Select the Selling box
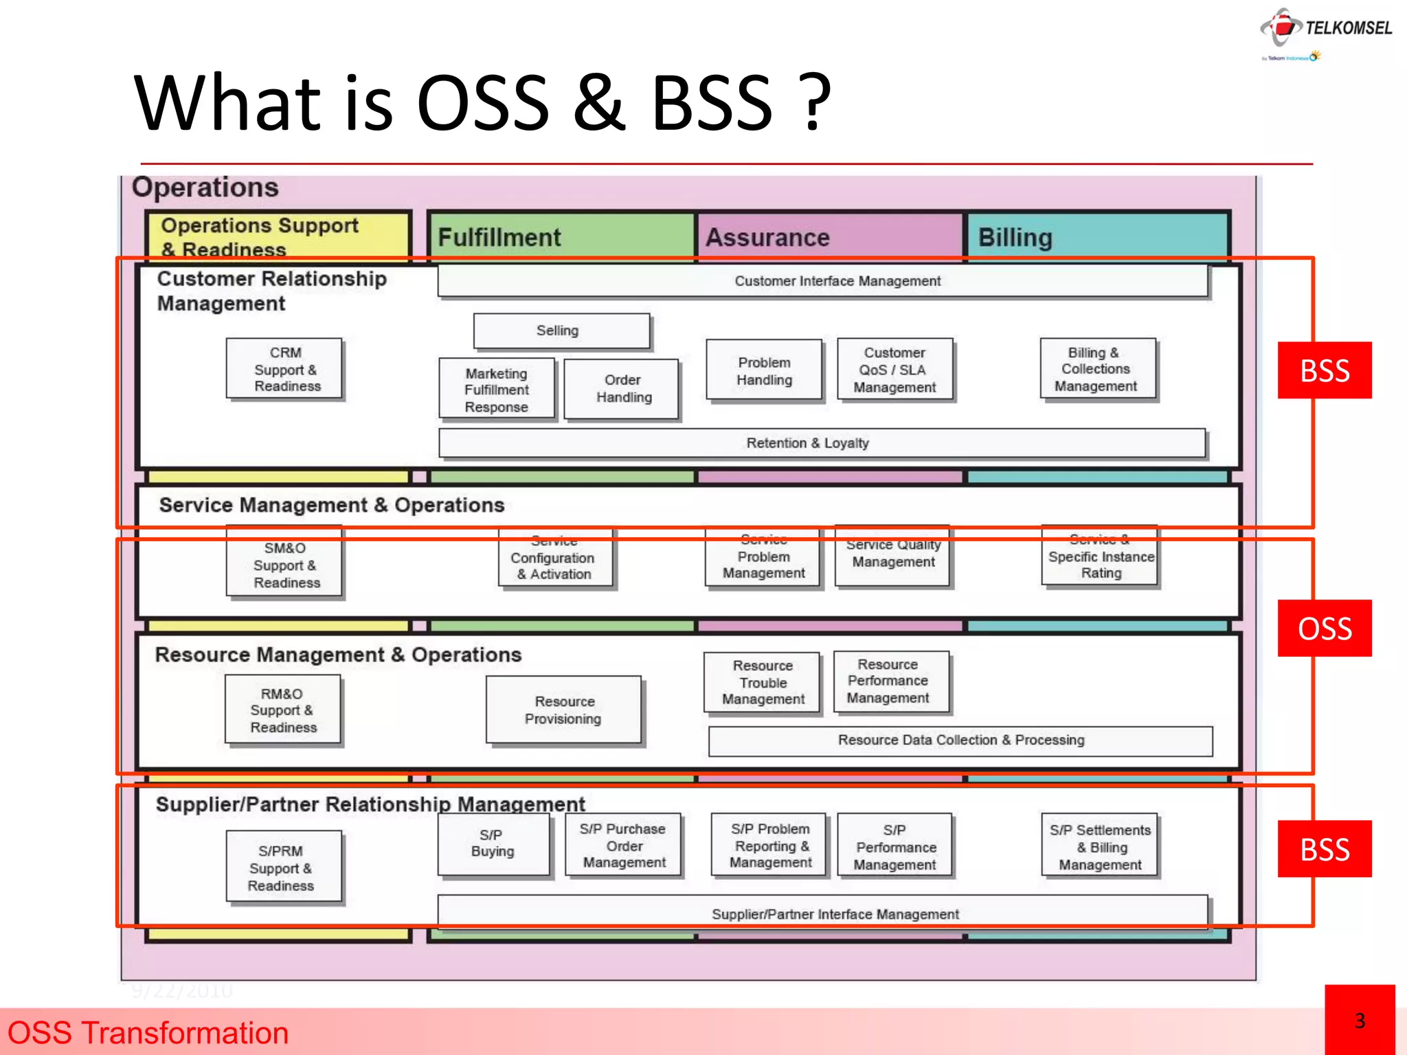[561, 331]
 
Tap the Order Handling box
[622, 389]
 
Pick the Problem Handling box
[764, 371]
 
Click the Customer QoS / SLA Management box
[894, 370]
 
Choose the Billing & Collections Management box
[1097, 370]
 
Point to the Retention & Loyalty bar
[822, 443]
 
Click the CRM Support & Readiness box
[284, 369]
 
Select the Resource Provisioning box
[563, 710]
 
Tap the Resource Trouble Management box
[763, 682]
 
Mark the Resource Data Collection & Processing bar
[960, 740]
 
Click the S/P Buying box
[493, 843]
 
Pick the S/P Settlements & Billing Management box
[1100, 846]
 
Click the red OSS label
[1324, 628]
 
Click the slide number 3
[1359, 1021]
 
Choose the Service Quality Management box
[893, 554]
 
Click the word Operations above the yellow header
[205, 188]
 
